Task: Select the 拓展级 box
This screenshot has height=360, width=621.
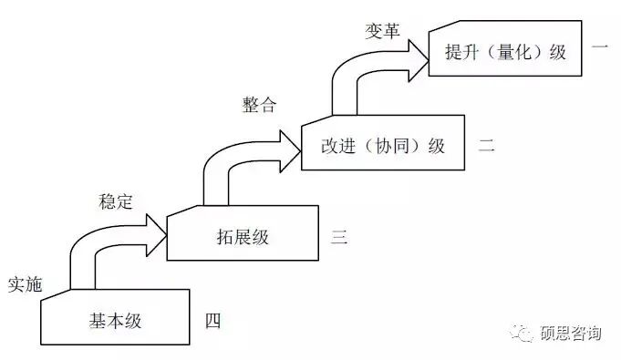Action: pyautogui.click(x=243, y=236)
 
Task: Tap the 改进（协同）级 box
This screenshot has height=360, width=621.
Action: pyautogui.click(x=383, y=144)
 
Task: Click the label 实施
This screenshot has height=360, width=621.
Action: pyautogui.click(x=25, y=283)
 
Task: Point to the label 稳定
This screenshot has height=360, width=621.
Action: pyautogui.click(x=115, y=200)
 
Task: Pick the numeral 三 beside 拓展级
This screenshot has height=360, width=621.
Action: pyautogui.click(x=339, y=238)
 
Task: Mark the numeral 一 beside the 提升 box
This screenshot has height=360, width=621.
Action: pyautogui.click(x=600, y=48)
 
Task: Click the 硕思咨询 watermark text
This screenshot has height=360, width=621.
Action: pyautogui.click(x=571, y=334)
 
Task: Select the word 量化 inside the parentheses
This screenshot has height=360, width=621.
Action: pyautogui.click(x=516, y=52)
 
